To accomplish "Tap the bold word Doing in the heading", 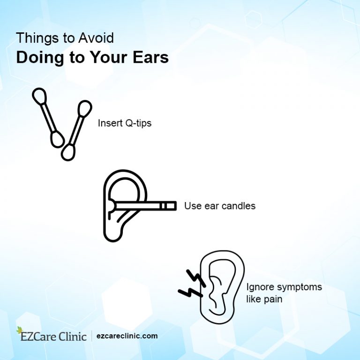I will (x=35, y=57).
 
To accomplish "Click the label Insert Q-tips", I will (x=125, y=123).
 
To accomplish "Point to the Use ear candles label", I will (x=219, y=206).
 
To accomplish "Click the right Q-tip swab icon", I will (x=76, y=129).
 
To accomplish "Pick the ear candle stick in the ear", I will (x=145, y=205).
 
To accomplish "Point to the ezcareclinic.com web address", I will (x=127, y=336).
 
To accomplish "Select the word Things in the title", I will (x=32, y=37).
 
